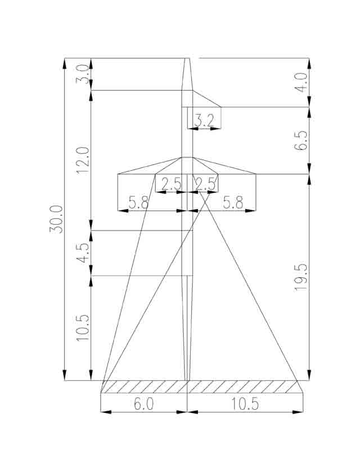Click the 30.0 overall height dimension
tap(56, 219)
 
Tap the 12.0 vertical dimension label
tap(83, 160)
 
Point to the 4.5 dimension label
tap(83, 252)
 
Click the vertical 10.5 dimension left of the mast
tap(83, 328)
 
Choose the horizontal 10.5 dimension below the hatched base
tap(245, 403)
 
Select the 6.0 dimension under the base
tap(143, 403)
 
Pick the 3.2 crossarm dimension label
tap(204, 121)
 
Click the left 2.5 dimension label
tap(171, 184)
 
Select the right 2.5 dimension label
tap(205, 184)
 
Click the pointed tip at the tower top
tap(187, 58)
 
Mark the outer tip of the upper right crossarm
tap(221, 107)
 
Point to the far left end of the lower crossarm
tap(118, 174)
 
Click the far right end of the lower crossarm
tap(256, 174)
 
